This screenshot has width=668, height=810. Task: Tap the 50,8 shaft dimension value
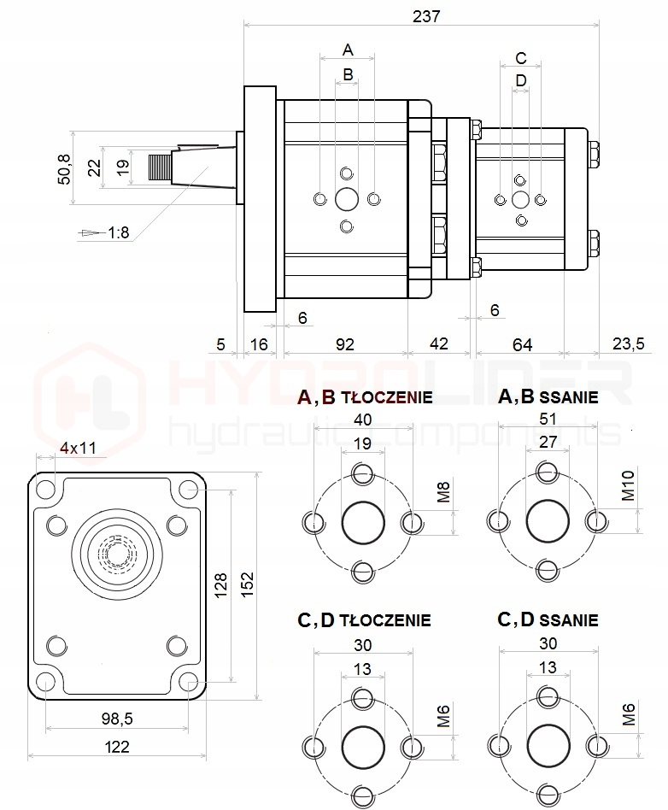(62, 167)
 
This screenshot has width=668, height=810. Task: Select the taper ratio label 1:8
(118, 232)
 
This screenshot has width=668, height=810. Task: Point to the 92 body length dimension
(344, 343)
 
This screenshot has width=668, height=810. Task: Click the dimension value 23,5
(628, 343)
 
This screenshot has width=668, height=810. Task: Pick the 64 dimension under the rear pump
(522, 343)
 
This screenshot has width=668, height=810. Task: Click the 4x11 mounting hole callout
(78, 448)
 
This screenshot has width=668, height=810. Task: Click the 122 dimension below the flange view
(117, 747)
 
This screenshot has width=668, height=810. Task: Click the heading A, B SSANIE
(548, 397)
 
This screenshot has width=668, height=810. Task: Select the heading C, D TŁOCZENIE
(364, 619)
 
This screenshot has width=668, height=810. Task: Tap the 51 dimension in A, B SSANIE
(548, 419)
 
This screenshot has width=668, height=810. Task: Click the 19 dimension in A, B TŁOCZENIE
(363, 443)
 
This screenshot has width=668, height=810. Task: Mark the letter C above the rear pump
(521, 58)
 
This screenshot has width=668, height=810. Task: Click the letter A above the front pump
(348, 48)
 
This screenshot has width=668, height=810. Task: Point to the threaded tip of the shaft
(160, 167)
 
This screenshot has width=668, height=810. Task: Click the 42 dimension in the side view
(438, 343)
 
